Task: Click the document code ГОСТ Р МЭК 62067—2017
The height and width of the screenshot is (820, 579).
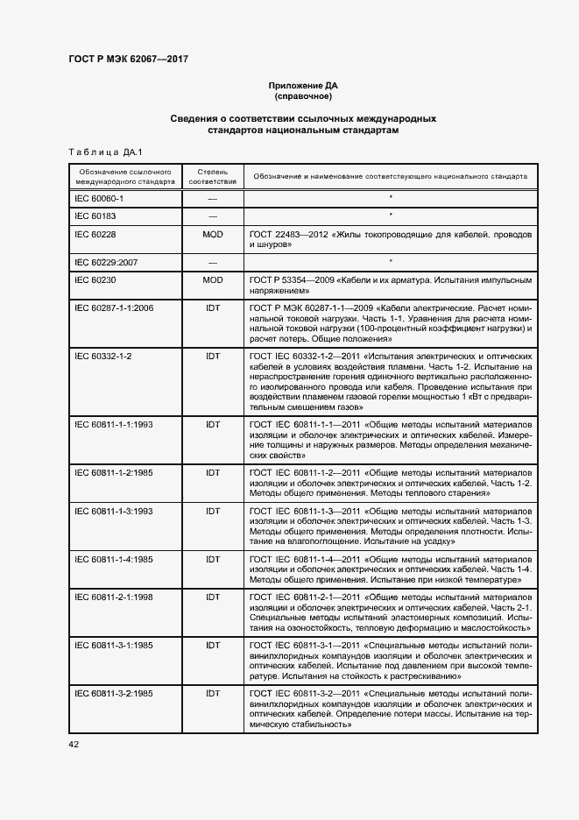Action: pyautogui.click(x=129, y=60)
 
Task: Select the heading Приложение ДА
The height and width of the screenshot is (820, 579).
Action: pyautogui.click(x=302, y=86)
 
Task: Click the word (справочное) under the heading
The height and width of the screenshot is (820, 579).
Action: pyautogui.click(x=302, y=96)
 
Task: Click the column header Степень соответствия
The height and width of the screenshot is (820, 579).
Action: pyautogui.click(x=212, y=176)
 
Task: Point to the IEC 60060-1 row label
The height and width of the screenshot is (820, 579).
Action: pyautogui.click(x=98, y=200)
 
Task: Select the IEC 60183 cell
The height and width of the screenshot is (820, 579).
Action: pyautogui.click(x=95, y=216)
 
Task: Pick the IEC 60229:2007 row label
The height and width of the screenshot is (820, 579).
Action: pyautogui.click(x=108, y=262)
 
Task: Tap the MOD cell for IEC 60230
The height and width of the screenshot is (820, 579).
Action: pyautogui.click(x=212, y=280)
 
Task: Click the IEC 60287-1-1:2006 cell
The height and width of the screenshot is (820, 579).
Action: pyautogui.click(x=114, y=308)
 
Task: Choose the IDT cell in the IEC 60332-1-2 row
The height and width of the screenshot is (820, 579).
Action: pyautogui.click(x=212, y=357)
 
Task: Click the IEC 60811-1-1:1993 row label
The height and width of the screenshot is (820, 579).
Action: pyautogui.click(x=114, y=424)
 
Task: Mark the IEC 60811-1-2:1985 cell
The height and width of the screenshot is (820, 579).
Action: pyautogui.click(x=114, y=472)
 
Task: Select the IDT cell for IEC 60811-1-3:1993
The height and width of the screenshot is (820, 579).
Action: pyautogui.click(x=212, y=510)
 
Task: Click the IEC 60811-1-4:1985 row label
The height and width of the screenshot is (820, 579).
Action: pyautogui.click(x=114, y=558)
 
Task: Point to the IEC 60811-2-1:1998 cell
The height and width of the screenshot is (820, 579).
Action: pyautogui.click(x=114, y=597)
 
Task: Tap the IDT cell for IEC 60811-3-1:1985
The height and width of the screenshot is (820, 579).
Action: pyautogui.click(x=212, y=645)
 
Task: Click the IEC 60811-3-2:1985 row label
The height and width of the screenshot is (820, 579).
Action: pyautogui.click(x=114, y=693)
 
